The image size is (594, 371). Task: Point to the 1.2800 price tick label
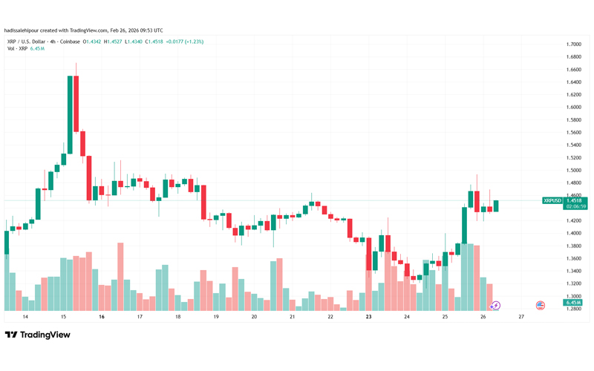click(572, 309)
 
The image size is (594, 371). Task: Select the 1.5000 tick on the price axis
click(572, 171)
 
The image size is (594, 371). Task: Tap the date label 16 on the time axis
click(101, 317)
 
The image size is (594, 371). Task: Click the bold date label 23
click(368, 317)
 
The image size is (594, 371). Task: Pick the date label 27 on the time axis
click(521, 317)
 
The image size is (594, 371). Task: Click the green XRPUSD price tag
click(552, 200)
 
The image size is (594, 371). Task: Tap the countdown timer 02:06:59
click(573, 206)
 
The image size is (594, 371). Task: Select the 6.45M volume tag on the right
click(572, 303)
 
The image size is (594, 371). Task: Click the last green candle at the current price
click(496, 206)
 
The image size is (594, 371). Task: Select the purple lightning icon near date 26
click(496, 305)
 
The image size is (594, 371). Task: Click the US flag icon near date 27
click(541, 305)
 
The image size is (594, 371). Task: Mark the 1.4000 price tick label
click(572, 233)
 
